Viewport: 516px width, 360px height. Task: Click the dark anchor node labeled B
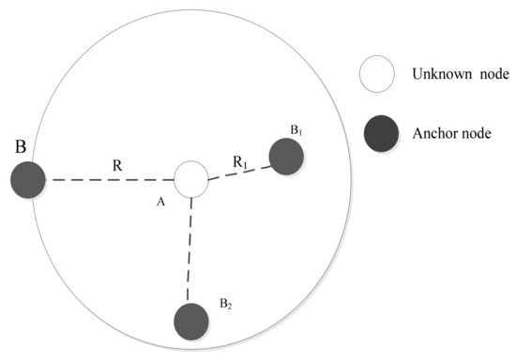click(28, 178)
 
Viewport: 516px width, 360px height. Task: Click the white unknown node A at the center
click(191, 178)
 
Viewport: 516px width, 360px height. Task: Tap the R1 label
click(240, 162)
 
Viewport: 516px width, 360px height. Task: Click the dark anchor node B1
click(286, 156)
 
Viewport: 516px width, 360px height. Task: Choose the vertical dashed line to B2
click(191, 249)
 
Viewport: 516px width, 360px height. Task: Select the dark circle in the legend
click(378, 134)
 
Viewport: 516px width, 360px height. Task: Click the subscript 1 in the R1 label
click(248, 165)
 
